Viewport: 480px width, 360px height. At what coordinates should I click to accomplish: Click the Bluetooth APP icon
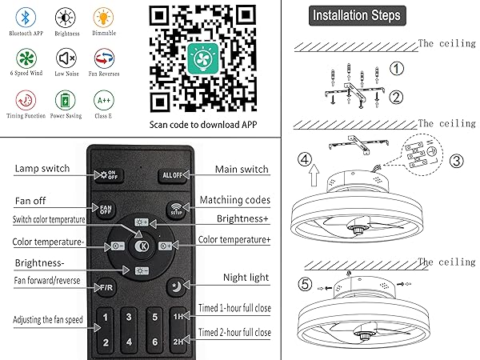pyautogui.click(x=26, y=18)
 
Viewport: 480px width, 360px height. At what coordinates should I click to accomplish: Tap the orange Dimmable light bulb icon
pyautogui.click(x=103, y=18)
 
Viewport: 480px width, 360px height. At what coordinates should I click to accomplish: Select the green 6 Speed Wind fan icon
pyautogui.click(x=26, y=58)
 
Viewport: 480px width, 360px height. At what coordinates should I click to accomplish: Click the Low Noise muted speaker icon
pyautogui.click(x=65, y=58)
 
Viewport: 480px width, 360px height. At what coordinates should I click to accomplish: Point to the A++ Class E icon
pyautogui.click(x=103, y=100)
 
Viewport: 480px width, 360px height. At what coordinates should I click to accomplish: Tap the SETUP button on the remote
pyautogui.click(x=175, y=209)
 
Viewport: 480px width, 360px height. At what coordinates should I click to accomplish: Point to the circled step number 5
pyautogui.click(x=306, y=284)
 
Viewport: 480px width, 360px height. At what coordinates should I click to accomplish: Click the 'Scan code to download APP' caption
pyautogui.click(x=204, y=125)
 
